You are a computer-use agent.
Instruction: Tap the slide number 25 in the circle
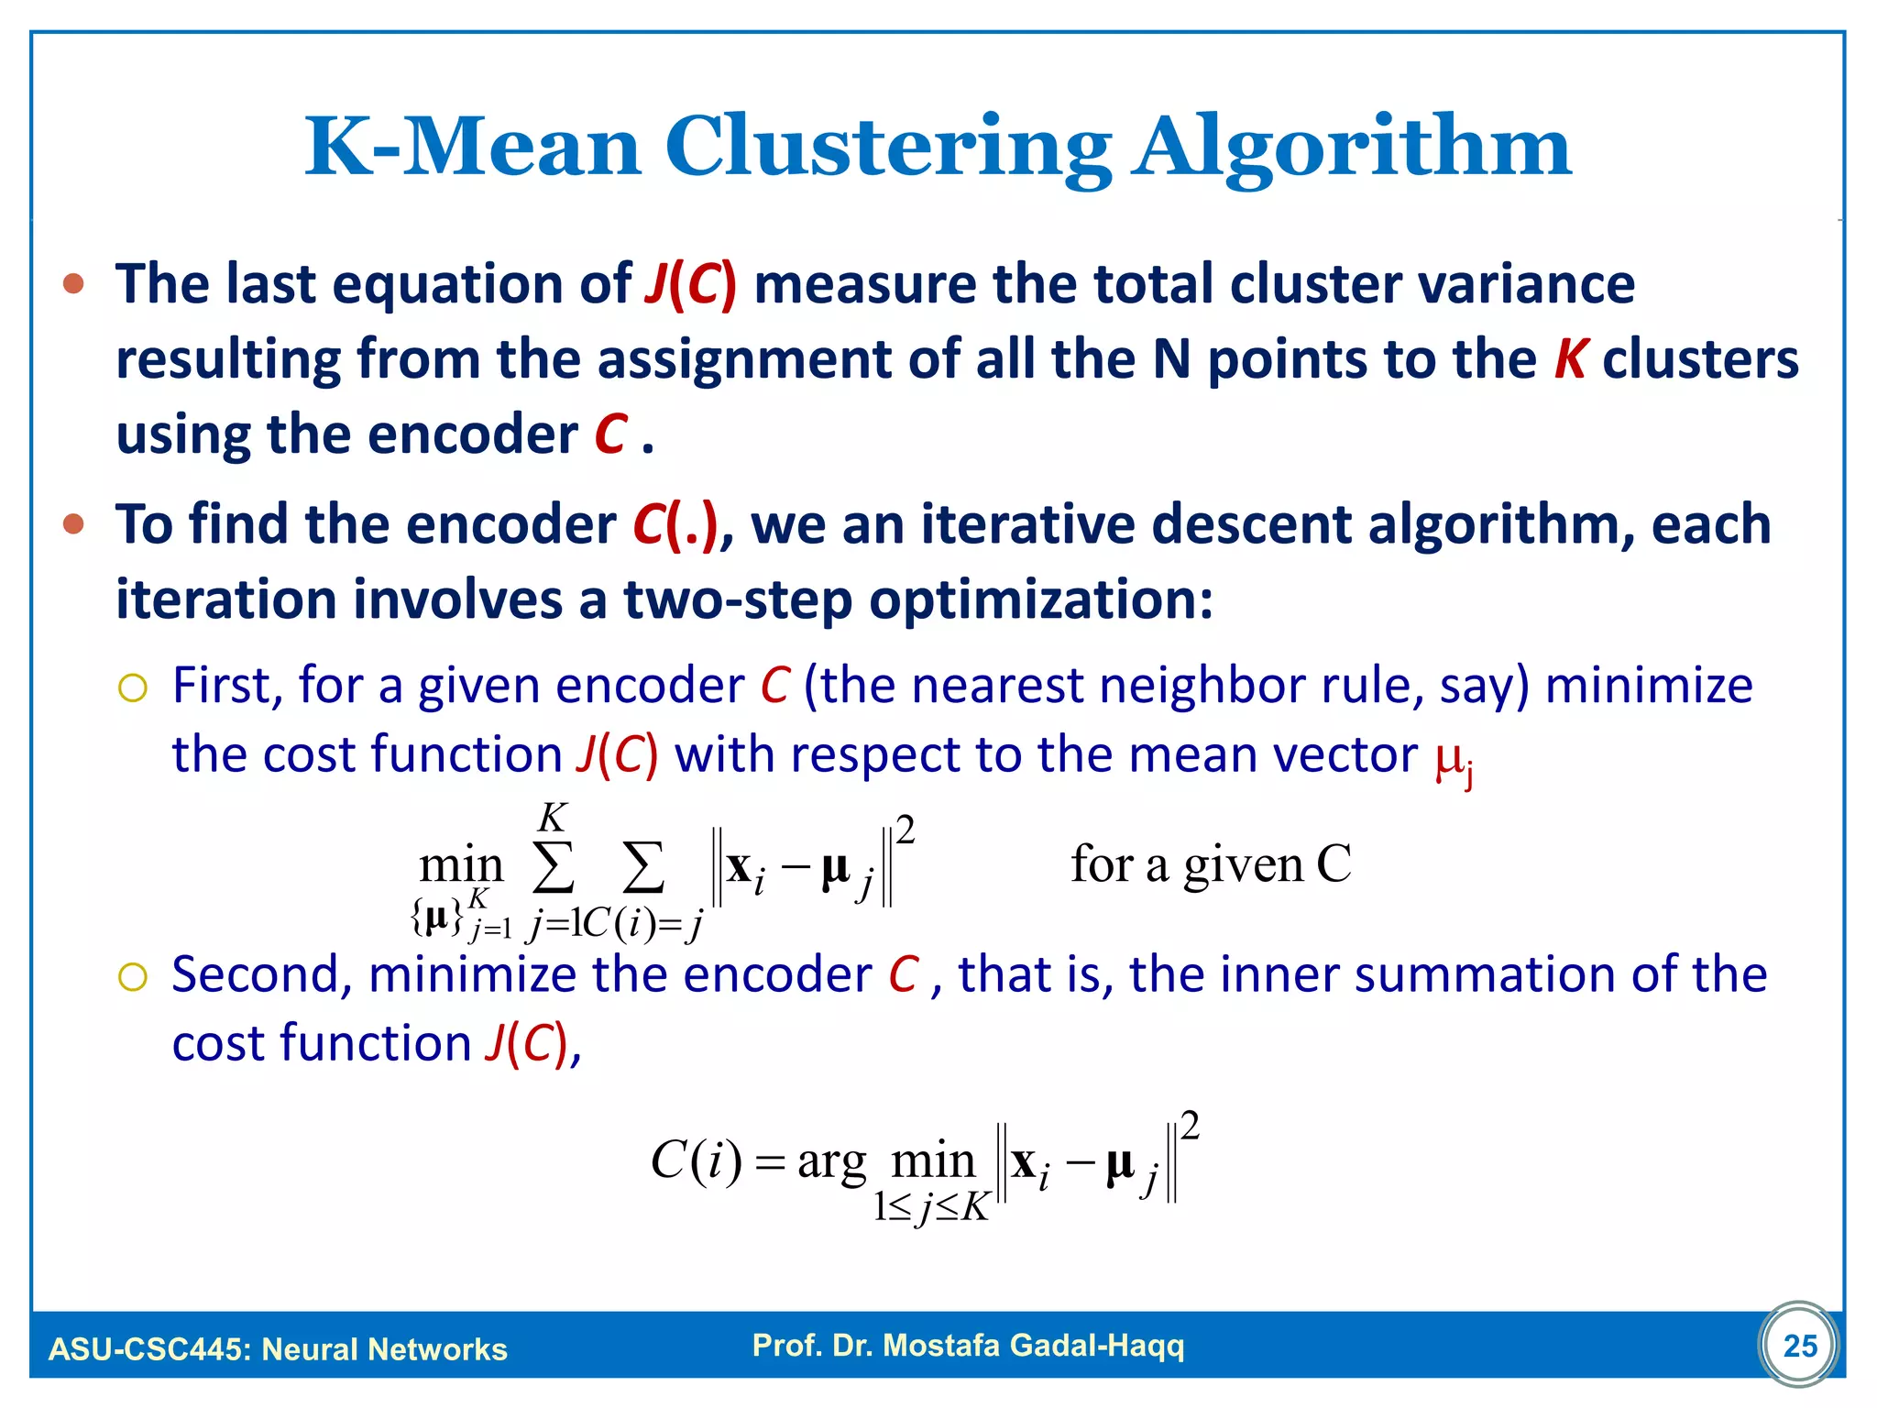coord(1800,1345)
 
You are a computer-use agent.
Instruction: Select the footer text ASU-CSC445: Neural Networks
coord(278,1348)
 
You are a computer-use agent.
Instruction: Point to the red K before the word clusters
coord(1571,358)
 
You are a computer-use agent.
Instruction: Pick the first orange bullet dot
coord(74,284)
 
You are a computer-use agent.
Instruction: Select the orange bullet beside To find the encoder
coord(74,525)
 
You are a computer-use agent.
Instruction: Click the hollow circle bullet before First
coord(133,687)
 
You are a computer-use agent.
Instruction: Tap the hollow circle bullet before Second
coord(133,977)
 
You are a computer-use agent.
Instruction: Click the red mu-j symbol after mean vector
coord(1454,760)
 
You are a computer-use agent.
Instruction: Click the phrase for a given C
coord(1211,864)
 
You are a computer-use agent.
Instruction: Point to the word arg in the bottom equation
coord(831,1163)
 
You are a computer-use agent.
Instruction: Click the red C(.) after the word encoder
coord(675,524)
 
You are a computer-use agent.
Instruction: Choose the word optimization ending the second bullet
coord(1040,599)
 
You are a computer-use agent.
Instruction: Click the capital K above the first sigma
coord(553,817)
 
